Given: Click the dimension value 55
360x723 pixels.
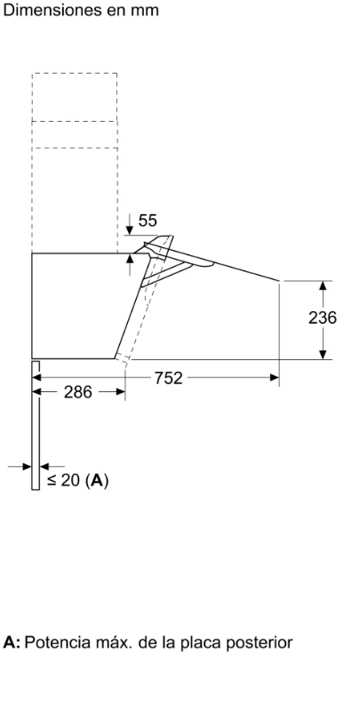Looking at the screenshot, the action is coord(148,221).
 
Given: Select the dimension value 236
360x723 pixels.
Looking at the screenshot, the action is coord(323,317).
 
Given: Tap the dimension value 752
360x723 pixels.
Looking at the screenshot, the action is coord(168,378).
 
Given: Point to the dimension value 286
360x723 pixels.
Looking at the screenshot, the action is coord(78,392).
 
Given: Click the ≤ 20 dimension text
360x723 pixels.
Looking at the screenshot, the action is coord(65,480).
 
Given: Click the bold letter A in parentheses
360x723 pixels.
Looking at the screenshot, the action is coord(97,481).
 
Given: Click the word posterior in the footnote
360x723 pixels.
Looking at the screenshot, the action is coord(259,643).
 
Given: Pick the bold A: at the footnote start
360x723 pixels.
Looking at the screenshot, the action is coord(12,642).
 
